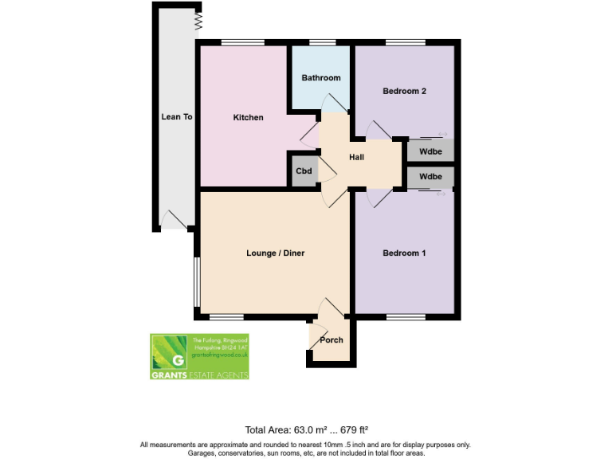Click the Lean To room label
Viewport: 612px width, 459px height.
pos(177,116)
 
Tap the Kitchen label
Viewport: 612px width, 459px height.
pos(248,118)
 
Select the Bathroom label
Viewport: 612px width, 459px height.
pos(321,77)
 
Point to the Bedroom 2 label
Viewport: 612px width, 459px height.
pos(404,91)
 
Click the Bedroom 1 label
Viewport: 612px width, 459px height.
pos(404,253)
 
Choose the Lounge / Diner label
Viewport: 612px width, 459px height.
pos(276,253)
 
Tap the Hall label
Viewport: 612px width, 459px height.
pos(356,157)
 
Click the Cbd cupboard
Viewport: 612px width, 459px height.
pos(304,171)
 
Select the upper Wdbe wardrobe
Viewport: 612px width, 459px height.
pos(430,151)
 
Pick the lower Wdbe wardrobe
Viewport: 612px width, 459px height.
pos(430,177)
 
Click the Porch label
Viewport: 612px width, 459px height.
pos(331,340)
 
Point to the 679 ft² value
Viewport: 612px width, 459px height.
pos(351,428)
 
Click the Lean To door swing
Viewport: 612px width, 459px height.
pos(174,218)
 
